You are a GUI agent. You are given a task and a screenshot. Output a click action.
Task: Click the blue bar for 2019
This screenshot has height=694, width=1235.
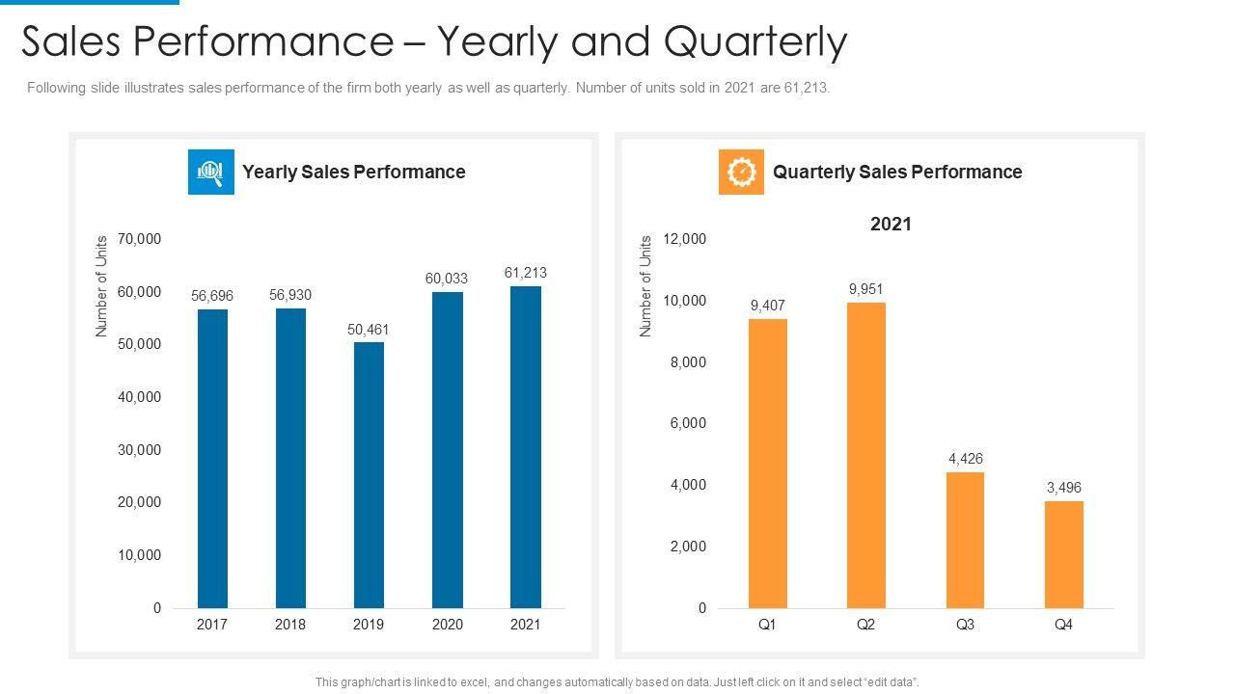pyautogui.click(x=369, y=475)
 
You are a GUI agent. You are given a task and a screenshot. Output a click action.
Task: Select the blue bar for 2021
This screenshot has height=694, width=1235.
pyautogui.click(x=526, y=447)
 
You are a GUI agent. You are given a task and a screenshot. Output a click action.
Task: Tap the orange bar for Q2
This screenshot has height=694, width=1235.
pyautogui.click(x=865, y=455)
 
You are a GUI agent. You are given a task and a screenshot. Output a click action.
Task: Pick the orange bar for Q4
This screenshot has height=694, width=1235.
pyautogui.click(x=1064, y=554)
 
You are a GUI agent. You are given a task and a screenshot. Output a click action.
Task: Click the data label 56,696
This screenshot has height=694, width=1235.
pyautogui.click(x=212, y=296)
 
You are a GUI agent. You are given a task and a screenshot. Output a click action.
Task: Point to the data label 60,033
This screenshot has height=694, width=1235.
pyautogui.click(x=447, y=279)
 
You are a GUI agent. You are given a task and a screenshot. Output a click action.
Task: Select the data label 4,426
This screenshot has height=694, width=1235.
pyautogui.click(x=966, y=459)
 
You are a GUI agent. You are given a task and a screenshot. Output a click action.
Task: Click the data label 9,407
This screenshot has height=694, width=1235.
pyautogui.click(x=768, y=306)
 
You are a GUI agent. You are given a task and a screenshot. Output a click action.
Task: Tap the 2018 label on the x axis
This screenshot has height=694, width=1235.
pyautogui.click(x=290, y=625)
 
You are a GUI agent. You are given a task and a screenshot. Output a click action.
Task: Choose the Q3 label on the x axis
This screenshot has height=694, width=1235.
pyautogui.click(x=965, y=625)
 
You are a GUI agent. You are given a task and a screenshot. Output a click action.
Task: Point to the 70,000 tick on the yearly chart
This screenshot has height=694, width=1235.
pyautogui.click(x=139, y=239)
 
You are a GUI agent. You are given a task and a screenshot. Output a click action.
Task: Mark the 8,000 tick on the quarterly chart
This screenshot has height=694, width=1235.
pyautogui.click(x=688, y=362)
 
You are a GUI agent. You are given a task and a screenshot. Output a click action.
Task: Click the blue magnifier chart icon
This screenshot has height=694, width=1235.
pyautogui.click(x=211, y=172)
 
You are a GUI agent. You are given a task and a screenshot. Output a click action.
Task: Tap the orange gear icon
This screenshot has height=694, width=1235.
pyautogui.click(x=741, y=172)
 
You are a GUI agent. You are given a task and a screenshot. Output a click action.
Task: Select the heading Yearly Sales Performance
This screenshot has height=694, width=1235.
pyautogui.click(x=354, y=172)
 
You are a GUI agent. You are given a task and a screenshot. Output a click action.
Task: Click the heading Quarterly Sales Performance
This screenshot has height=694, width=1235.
pyautogui.click(x=897, y=172)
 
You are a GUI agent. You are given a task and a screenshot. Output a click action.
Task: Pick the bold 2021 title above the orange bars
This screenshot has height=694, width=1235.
pyautogui.click(x=891, y=224)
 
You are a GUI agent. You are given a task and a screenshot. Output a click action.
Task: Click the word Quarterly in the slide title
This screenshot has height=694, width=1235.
pyautogui.click(x=755, y=42)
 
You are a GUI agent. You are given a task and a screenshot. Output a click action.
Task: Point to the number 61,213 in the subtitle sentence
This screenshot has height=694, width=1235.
pyautogui.click(x=804, y=88)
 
